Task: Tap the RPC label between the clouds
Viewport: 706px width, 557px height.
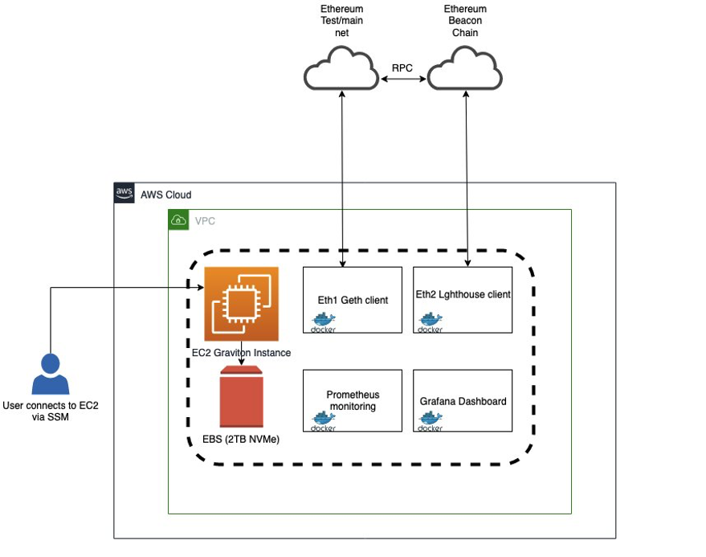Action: point(402,68)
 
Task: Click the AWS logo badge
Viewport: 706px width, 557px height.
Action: point(124,194)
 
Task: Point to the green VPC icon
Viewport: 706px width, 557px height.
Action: point(178,219)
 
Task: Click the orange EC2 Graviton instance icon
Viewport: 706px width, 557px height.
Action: point(242,305)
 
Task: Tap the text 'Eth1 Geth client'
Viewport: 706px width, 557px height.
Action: point(353,300)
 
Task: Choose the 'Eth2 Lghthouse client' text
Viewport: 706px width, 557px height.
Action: point(463,294)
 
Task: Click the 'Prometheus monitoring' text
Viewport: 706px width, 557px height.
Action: point(353,400)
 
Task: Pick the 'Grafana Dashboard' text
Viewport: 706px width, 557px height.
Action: point(463,400)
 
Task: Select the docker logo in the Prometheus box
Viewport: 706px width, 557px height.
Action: point(323,423)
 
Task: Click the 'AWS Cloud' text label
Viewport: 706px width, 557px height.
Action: point(166,195)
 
